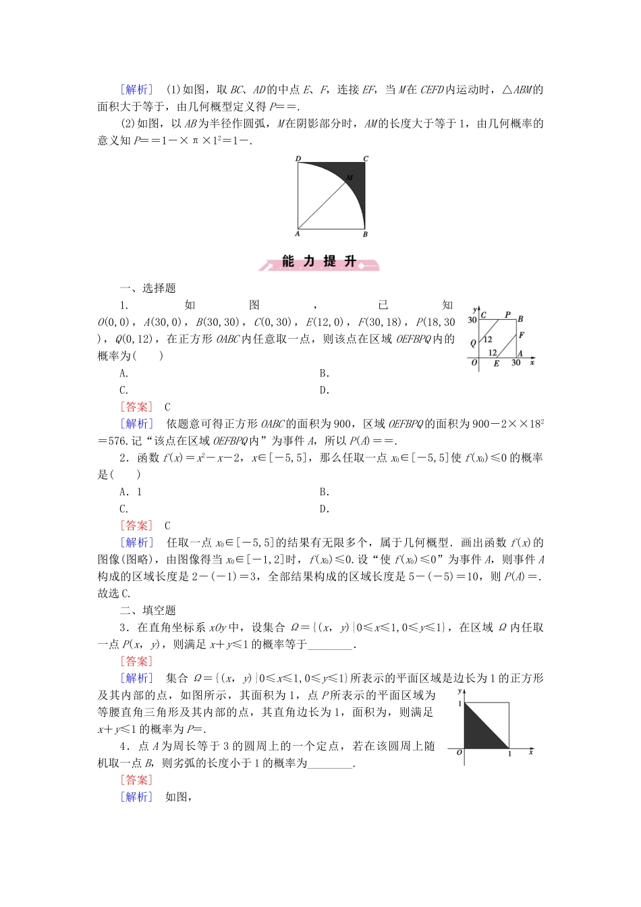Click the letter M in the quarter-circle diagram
[350, 177]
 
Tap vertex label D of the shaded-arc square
[298, 159]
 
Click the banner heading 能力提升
[319, 262]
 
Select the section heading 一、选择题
[148, 288]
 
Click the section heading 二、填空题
[148, 610]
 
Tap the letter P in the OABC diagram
[507, 314]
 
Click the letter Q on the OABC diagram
[473, 343]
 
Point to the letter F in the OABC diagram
[522, 335]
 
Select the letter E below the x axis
[497, 364]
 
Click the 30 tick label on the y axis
[472, 320]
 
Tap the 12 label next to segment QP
[488, 339]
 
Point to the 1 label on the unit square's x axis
[509, 754]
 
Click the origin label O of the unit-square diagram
[459, 752]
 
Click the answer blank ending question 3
[330, 644]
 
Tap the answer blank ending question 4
[330, 763]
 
